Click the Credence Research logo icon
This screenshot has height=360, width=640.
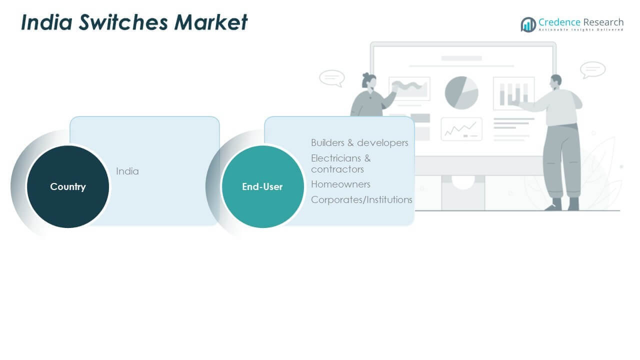(x=528, y=24)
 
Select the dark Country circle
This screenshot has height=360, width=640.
(x=67, y=186)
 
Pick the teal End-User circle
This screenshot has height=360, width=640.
(x=262, y=186)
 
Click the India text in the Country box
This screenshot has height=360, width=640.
(x=127, y=171)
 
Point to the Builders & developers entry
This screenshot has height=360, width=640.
(x=359, y=142)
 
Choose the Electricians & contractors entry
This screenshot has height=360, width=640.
(x=341, y=163)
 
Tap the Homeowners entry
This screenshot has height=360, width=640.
(x=340, y=184)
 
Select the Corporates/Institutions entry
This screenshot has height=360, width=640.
(x=361, y=199)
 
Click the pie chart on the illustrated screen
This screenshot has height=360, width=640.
(x=461, y=92)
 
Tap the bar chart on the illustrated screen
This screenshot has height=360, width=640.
(x=513, y=93)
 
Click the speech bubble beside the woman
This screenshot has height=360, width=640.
(x=332, y=78)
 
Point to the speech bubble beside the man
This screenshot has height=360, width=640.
(x=593, y=69)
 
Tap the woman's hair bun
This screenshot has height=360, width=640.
(x=366, y=76)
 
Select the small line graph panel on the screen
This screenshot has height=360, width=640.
(x=461, y=129)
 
